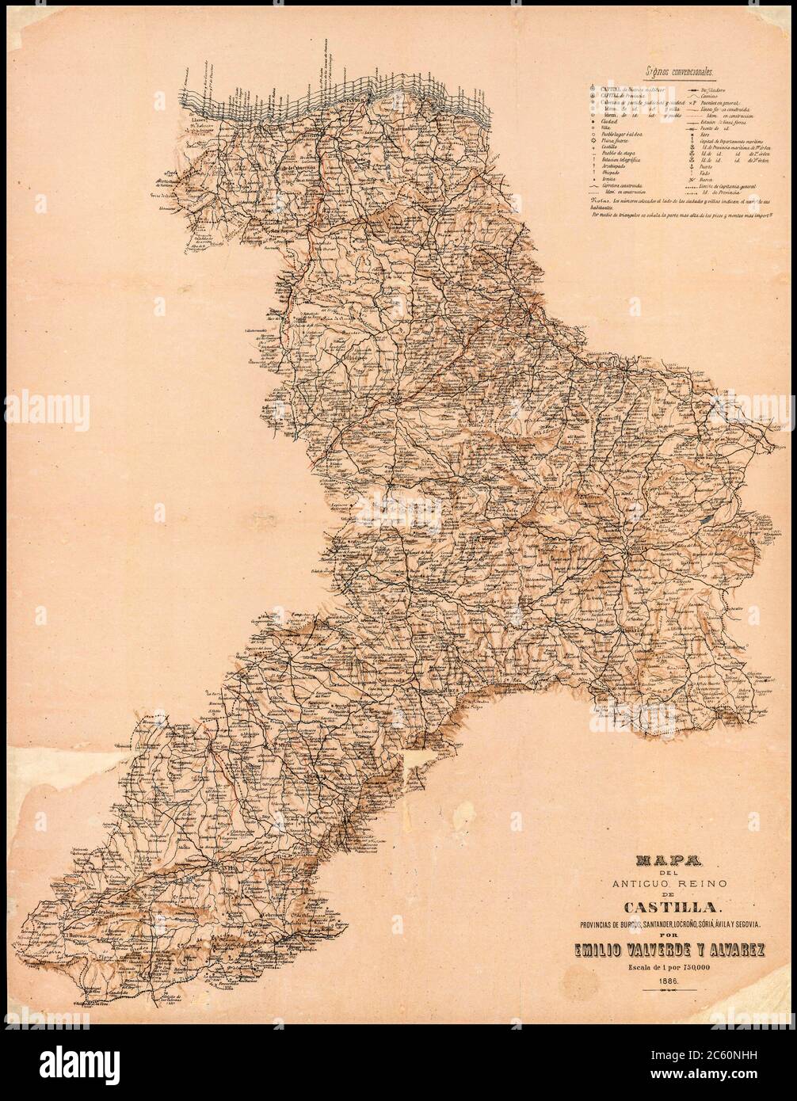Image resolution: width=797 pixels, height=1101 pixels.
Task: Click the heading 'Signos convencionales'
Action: click(681, 71)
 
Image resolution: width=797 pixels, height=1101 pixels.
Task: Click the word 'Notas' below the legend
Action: click(600, 200)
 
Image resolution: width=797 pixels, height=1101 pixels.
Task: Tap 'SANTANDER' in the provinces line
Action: click(628, 924)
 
